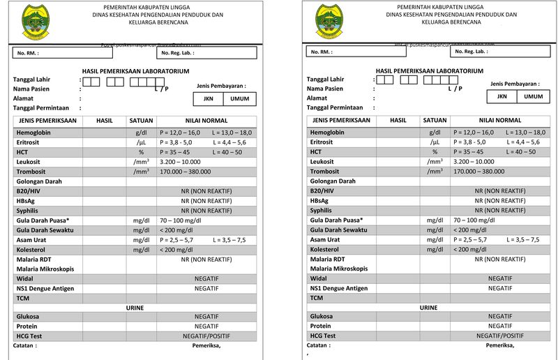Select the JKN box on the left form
[x=208, y=99]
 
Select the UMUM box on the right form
[x=533, y=97]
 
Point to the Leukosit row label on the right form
[x=324, y=161]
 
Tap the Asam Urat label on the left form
[x=32, y=239]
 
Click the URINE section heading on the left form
[x=136, y=307]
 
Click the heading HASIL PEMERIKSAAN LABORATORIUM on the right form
[x=429, y=71]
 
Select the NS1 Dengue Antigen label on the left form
[x=46, y=288]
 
